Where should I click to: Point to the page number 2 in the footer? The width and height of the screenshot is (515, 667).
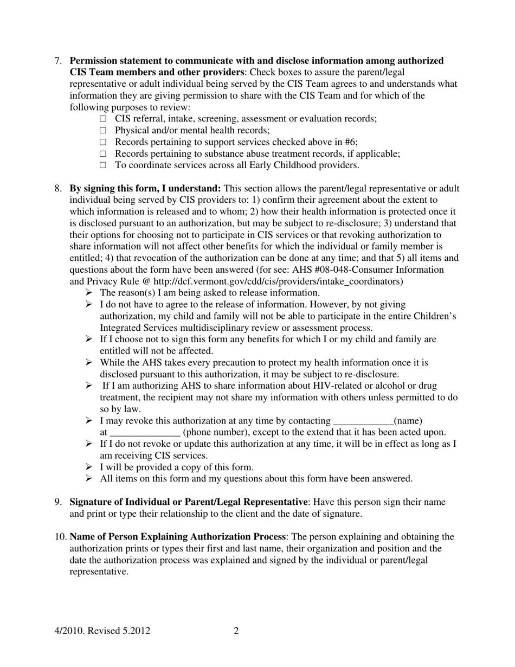(x=236, y=631)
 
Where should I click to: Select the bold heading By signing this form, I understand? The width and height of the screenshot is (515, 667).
(x=145, y=189)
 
